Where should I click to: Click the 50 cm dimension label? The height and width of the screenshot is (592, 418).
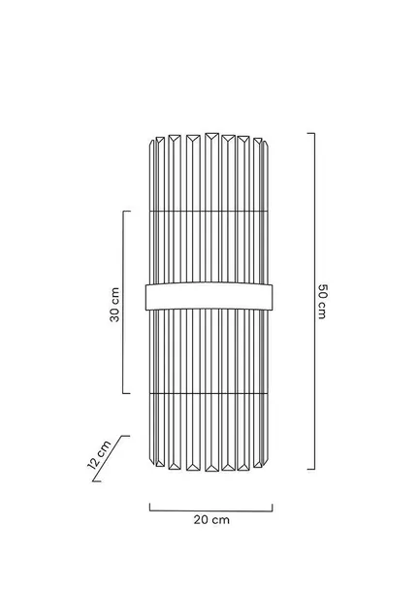point(322,301)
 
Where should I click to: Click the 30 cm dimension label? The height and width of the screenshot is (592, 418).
point(114,305)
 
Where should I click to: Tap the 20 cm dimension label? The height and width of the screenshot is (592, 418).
point(211,519)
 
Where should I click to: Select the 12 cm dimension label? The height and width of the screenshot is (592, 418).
point(99,454)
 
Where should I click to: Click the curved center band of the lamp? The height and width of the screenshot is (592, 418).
point(209,296)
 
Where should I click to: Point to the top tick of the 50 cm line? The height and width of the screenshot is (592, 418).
point(311,133)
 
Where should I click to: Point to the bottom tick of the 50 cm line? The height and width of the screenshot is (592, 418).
point(311,470)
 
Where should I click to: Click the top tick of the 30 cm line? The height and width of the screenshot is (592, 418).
point(127,212)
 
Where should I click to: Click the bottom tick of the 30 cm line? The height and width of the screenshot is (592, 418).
point(127,393)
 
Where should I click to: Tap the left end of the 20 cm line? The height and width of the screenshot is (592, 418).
point(149,507)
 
